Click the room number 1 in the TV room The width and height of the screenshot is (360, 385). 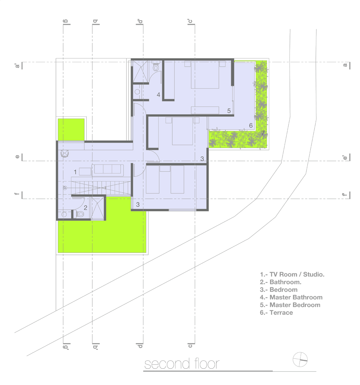(75, 172)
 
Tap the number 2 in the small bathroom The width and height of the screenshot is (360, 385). (85, 208)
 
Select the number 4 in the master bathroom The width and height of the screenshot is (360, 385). (158, 95)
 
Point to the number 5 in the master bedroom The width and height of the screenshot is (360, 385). (229, 111)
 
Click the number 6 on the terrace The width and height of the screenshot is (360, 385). (251, 125)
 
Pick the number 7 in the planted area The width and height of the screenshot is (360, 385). (263, 133)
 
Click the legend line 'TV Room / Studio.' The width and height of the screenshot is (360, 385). (292, 275)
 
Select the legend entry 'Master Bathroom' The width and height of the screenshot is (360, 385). (291, 297)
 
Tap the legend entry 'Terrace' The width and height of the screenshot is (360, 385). (276, 313)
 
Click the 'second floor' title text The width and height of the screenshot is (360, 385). (182, 364)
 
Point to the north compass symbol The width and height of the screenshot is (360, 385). (300, 359)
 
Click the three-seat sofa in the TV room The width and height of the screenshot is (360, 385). (108, 170)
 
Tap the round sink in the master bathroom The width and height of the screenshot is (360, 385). (137, 92)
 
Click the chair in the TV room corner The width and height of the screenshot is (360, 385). (65, 154)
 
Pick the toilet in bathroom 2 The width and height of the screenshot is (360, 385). (80, 214)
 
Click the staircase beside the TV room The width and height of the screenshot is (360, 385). (100, 188)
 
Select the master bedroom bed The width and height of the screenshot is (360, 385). (205, 75)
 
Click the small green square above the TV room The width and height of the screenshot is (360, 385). (71, 130)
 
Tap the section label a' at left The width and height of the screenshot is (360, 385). (17, 66)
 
